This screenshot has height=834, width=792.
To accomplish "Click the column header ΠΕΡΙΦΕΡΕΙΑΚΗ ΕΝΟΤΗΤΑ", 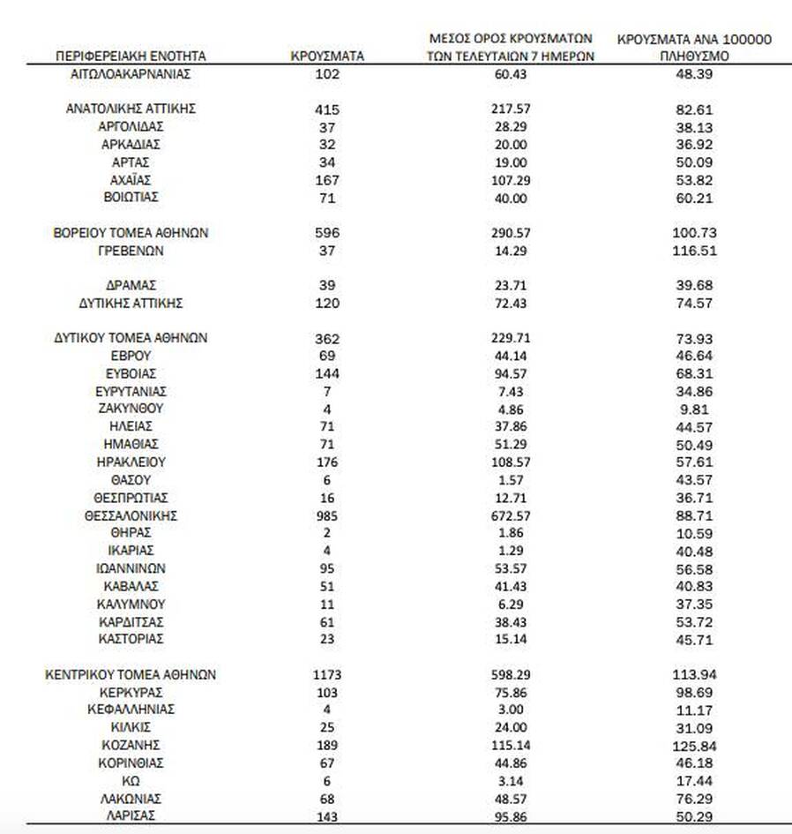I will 131,56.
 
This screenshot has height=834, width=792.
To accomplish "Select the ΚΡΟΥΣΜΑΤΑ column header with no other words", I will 327,56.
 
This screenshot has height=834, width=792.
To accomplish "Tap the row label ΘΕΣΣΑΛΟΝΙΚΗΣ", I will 131,515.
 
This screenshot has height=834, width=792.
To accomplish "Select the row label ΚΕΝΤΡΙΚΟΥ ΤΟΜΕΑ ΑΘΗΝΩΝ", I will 131,675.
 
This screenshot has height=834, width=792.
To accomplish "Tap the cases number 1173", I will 327,675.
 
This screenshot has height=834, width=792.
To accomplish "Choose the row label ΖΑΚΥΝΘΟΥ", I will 131,409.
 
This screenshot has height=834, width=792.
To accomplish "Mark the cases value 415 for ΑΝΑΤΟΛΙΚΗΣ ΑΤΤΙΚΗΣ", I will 327,109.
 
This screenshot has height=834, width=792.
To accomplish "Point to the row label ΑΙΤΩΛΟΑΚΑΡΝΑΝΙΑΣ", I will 131,74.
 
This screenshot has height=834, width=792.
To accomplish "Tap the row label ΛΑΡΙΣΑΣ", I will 131,816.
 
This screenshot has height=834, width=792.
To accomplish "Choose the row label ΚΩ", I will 131,781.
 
